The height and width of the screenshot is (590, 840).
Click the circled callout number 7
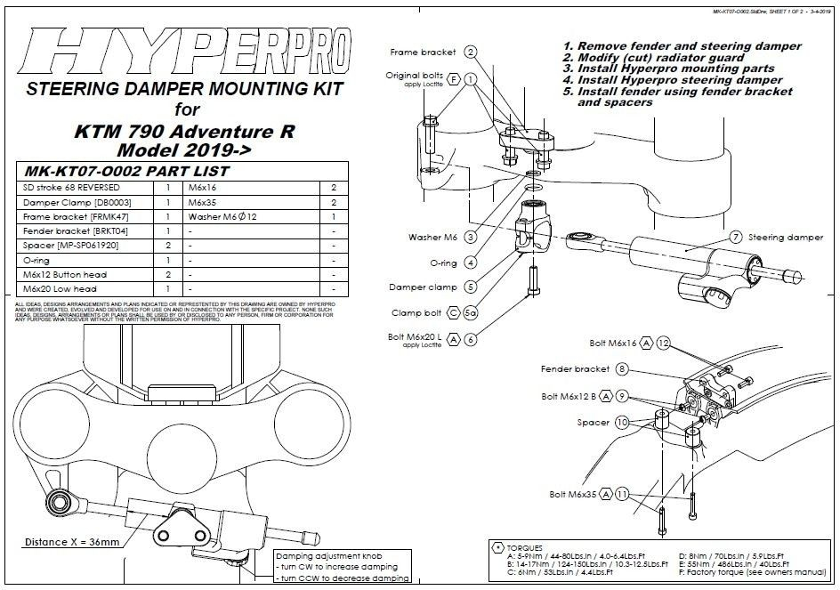736,238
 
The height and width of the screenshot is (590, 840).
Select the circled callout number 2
470,53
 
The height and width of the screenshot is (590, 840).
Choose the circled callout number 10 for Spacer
622,423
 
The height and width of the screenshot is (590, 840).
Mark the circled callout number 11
622,494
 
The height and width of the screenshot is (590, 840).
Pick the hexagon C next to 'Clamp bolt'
454,313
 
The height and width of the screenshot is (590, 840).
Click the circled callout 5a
471,313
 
